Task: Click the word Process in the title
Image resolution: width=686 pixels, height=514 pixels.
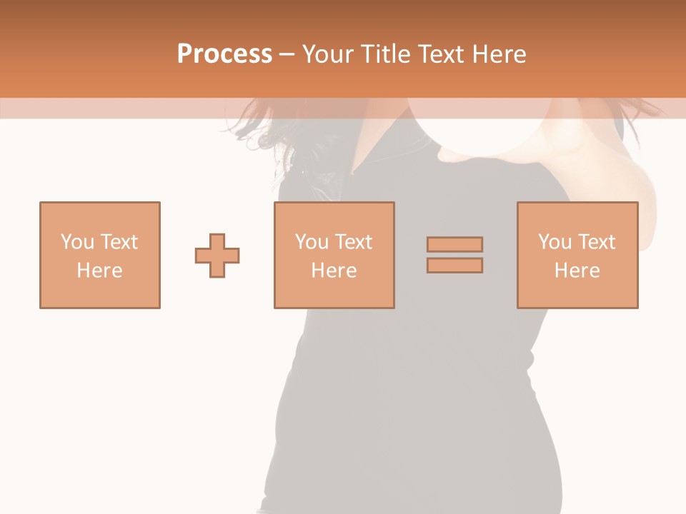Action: point(224,54)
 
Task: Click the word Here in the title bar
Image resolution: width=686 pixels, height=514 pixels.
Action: point(502,54)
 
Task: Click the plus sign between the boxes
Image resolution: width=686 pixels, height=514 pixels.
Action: point(217,256)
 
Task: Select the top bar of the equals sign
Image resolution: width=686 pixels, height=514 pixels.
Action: point(454,244)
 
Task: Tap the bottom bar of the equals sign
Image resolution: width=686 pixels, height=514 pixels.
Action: point(454,266)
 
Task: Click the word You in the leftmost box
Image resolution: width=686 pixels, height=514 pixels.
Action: point(77,242)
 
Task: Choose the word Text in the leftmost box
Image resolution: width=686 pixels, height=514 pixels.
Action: point(118,242)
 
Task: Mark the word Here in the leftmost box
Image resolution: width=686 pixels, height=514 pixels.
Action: point(100,271)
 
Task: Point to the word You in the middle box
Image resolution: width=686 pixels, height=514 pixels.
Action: point(312,242)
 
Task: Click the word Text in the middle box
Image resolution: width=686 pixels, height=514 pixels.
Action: point(352,242)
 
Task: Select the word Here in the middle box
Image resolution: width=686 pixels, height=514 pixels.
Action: point(334,271)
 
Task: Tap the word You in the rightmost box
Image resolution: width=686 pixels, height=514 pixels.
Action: point(555,242)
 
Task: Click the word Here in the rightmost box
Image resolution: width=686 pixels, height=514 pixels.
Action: point(577,271)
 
